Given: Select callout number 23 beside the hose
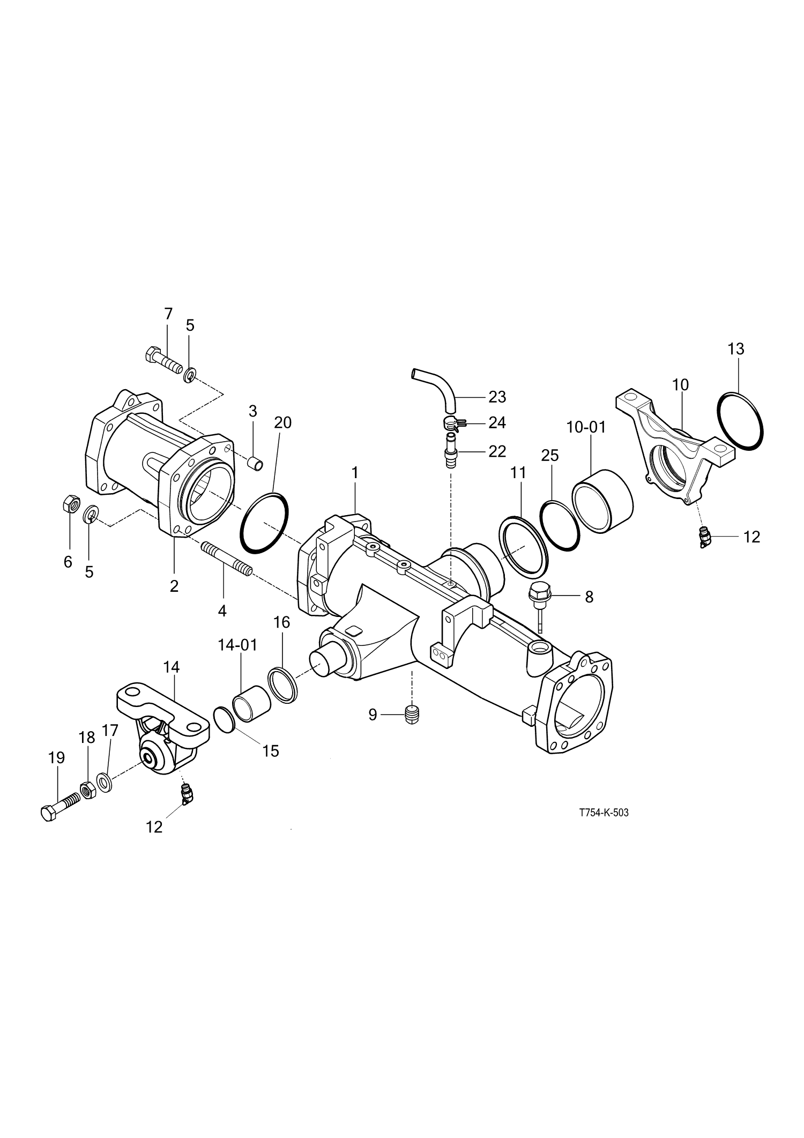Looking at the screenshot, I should (497, 397).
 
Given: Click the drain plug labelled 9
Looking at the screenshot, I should (412, 715).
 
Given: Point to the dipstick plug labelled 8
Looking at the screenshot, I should (537, 595).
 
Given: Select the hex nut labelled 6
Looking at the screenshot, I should (71, 504).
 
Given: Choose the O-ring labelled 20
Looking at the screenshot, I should (264, 522).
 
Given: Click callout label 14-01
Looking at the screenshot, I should (237, 645).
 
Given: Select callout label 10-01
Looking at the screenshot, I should (586, 427).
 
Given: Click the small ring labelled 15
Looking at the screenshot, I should (224, 719).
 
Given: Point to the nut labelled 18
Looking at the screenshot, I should (87, 790).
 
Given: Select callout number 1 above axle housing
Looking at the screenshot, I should (354, 472).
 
